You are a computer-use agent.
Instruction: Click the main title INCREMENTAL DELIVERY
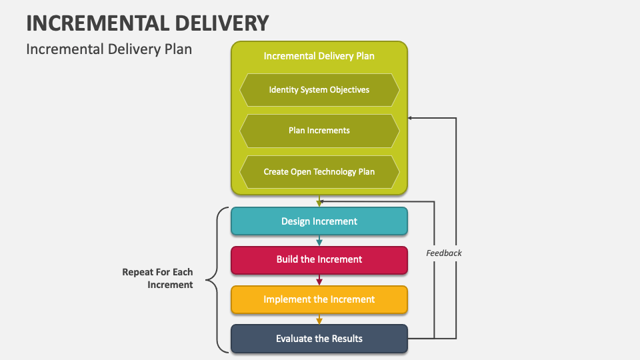pyautogui.click(x=147, y=23)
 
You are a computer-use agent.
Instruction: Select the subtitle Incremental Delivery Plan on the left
pyautogui.click(x=109, y=49)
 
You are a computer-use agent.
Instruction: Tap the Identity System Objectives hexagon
pyautogui.click(x=319, y=89)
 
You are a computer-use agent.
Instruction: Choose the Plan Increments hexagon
pyautogui.click(x=319, y=131)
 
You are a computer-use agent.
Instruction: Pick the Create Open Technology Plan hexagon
pyautogui.click(x=319, y=172)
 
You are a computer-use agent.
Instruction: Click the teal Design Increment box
pyautogui.click(x=319, y=221)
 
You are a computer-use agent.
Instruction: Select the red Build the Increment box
pyautogui.click(x=319, y=259)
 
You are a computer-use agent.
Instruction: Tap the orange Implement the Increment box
pyautogui.click(x=319, y=299)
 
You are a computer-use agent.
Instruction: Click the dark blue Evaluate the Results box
pyautogui.click(x=319, y=339)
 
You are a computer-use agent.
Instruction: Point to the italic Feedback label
pyautogui.click(x=444, y=253)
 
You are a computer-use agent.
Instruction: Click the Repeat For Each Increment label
pyautogui.click(x=157, y=279)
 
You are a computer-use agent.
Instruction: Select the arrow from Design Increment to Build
pyautogui.click(x=319, y=241)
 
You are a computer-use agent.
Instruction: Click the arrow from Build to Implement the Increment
pyautogui.click(x=319, y=280)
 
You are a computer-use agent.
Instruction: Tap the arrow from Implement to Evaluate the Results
pyautogui.click(x=319, y=319)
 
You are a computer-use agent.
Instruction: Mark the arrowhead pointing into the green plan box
pyautogui.click(x=411, y=118)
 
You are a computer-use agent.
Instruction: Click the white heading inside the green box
pyautogui.click(x=319, y=56)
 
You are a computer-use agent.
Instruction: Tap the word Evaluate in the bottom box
pyautogui.click(x=294, y=339)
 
